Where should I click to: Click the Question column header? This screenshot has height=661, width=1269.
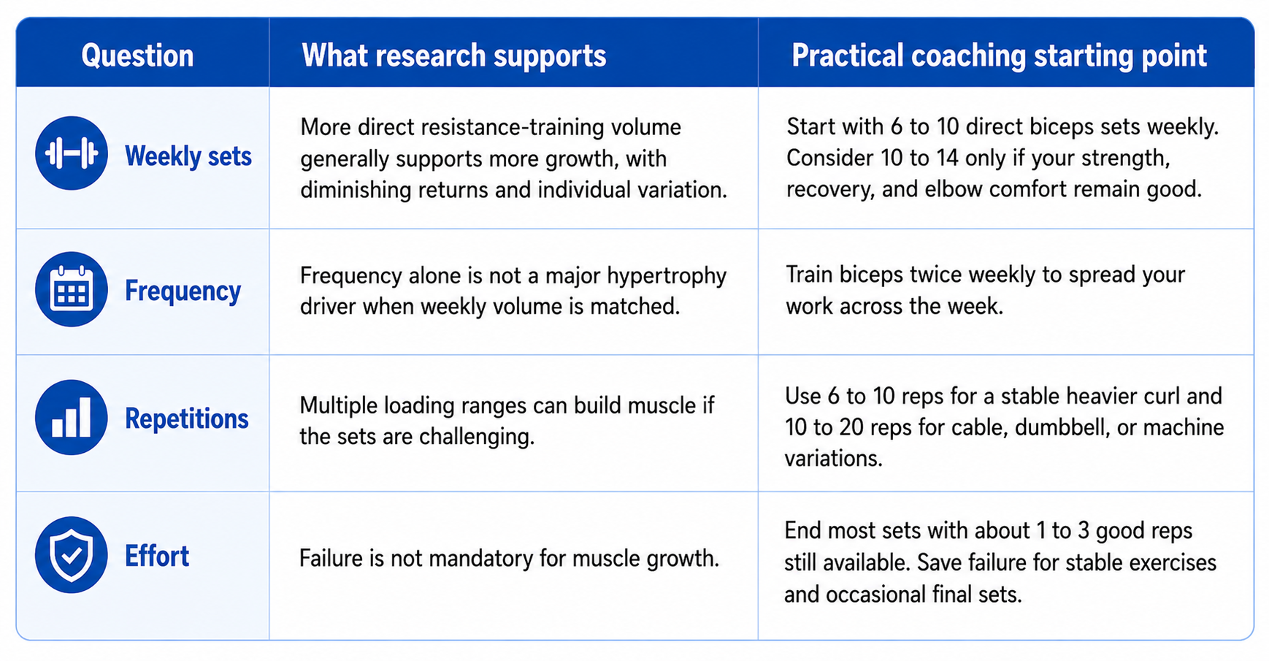tap(137, 56)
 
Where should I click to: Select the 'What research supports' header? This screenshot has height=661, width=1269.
tap(454, 56)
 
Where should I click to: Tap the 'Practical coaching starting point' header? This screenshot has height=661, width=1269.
tap(1000, 56)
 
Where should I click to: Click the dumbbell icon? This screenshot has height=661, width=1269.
tap(72, 153)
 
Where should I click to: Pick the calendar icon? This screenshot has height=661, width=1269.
tap(72, 289)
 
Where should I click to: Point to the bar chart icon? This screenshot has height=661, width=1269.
tap(72, 418)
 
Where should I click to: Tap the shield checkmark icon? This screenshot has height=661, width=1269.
tap(72, 555)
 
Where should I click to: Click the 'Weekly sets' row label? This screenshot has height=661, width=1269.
tap(188, 156)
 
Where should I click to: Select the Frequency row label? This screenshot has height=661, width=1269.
tap(183, 291)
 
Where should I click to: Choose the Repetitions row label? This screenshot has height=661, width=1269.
tap(187, 419)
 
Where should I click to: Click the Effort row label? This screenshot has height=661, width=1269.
tap(157, 557)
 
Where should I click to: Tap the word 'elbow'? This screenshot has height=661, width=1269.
tap(957, 190)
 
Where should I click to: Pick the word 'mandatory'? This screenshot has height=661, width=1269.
tap(462, 559)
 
